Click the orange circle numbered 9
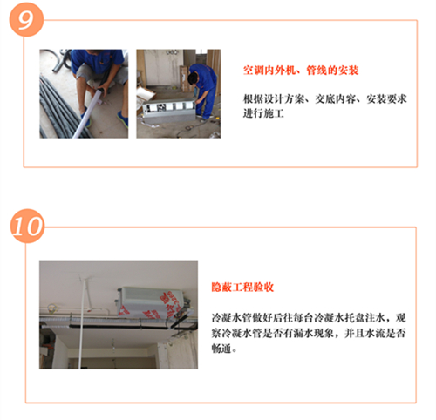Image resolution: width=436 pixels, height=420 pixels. point(26,19)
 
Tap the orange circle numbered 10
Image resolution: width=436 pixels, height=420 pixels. point(28,226)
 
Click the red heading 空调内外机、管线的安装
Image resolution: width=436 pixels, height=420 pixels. point(301,71)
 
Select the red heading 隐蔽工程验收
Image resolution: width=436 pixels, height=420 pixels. point(242,287)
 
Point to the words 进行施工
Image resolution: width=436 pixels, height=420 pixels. point(263,113)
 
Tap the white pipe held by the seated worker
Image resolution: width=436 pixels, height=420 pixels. point(89,112)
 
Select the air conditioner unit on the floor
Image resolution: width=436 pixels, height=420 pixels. point(168,110)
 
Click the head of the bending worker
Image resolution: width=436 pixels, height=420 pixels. point(193,78)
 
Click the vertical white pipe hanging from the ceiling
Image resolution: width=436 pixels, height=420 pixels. point(83,323)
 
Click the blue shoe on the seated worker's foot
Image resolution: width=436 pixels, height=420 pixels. point(123,119)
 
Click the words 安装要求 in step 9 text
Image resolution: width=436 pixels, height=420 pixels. point(386,99)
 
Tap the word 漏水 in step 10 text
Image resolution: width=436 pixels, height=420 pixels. point(303,333)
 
